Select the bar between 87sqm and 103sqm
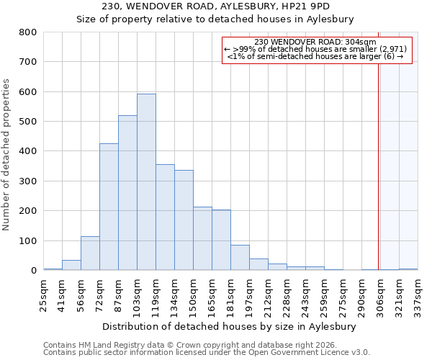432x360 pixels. [x=127, y=193]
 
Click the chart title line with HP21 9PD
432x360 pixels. [x=215, y=6]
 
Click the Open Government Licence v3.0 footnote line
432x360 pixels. [x=207, y=353]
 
